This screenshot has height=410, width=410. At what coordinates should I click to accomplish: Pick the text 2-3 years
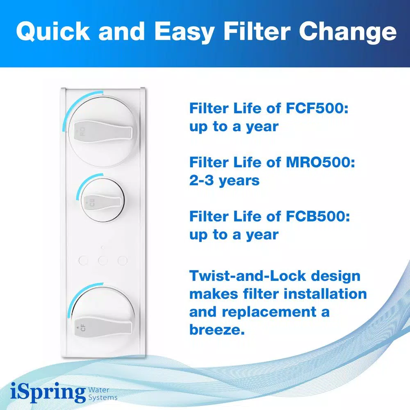(x=224, y=180)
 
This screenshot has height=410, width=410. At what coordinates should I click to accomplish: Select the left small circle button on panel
(x=83, y=260)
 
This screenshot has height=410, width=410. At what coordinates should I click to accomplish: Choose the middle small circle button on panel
(x=103, y=260)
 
